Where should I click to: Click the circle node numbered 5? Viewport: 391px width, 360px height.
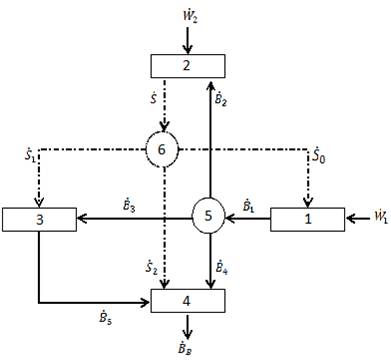coord(208,215)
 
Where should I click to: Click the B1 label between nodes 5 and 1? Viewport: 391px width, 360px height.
coord(251,204)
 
